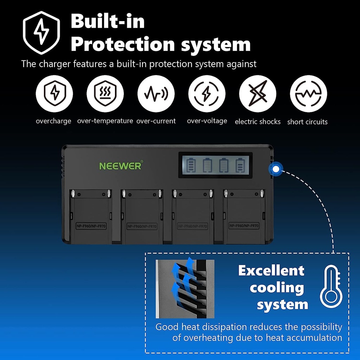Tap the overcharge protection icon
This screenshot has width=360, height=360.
[x=54, y=94]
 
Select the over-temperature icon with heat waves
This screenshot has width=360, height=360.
[x=105, y=94]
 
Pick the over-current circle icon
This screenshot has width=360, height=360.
[x=156, y=94]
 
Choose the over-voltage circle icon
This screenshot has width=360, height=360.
[x=207, y=94]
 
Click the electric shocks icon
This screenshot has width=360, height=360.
[x=258, y=94]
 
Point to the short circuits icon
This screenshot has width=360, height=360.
[x=308, y=94]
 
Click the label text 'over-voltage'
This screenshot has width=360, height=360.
[x=207, y=121]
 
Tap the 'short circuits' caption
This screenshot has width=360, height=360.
[x=307, y=122]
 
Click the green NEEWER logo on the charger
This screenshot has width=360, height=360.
[x=121, y=166]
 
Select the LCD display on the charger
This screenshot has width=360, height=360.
[x=215, y=165]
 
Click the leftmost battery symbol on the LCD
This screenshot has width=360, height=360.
[x=190, y=165]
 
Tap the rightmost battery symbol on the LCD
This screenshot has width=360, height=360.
[x=240, y=165]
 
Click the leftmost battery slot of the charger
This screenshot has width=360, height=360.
[x=91, y=216]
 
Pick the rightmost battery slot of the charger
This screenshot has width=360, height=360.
[x=244, y=216]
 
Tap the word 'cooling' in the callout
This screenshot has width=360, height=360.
[x=277, y=288]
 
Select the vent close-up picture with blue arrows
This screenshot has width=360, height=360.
[x=185, y=289]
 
